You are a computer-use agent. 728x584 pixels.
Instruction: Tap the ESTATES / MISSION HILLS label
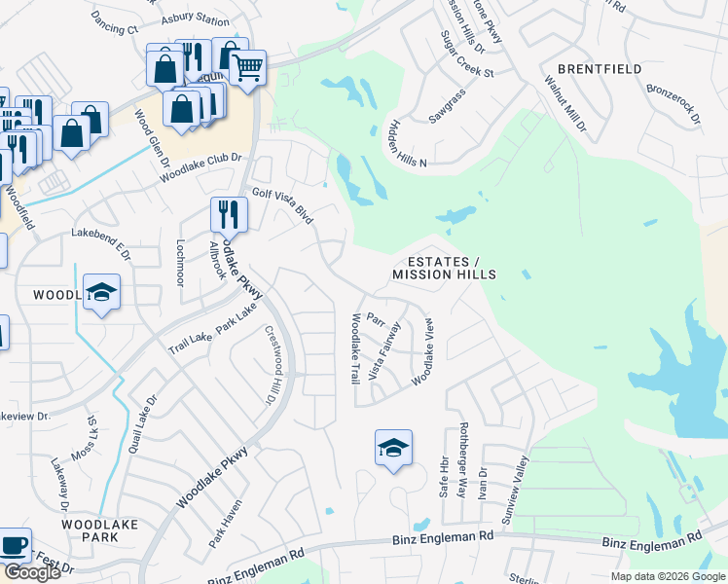tap(444, 269)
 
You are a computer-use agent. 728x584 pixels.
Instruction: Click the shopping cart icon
tap(249, 68)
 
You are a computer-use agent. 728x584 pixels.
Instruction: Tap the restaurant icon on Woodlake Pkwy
tap(229, 213)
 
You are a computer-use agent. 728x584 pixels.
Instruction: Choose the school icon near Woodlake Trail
tap(393, 448)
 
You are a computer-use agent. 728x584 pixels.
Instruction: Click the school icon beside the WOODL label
tap(101, 293)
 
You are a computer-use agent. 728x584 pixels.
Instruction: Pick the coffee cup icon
tap(14, 546)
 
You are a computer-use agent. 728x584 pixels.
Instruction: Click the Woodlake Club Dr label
tap(200, 167)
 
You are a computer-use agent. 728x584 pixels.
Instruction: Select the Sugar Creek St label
tap(468, 59)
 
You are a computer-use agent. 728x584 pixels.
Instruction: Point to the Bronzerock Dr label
tap(673, 102)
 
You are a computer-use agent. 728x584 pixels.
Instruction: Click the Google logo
tap(32, 572)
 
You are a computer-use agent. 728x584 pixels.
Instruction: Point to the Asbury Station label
tap(198, 19)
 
